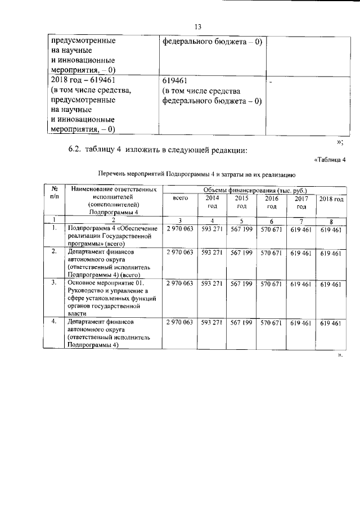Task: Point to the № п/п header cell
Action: point(54,195)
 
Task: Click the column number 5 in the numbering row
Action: point(241,220)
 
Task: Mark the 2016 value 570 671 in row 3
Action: point(271,284)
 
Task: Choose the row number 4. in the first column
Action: point(54,322)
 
